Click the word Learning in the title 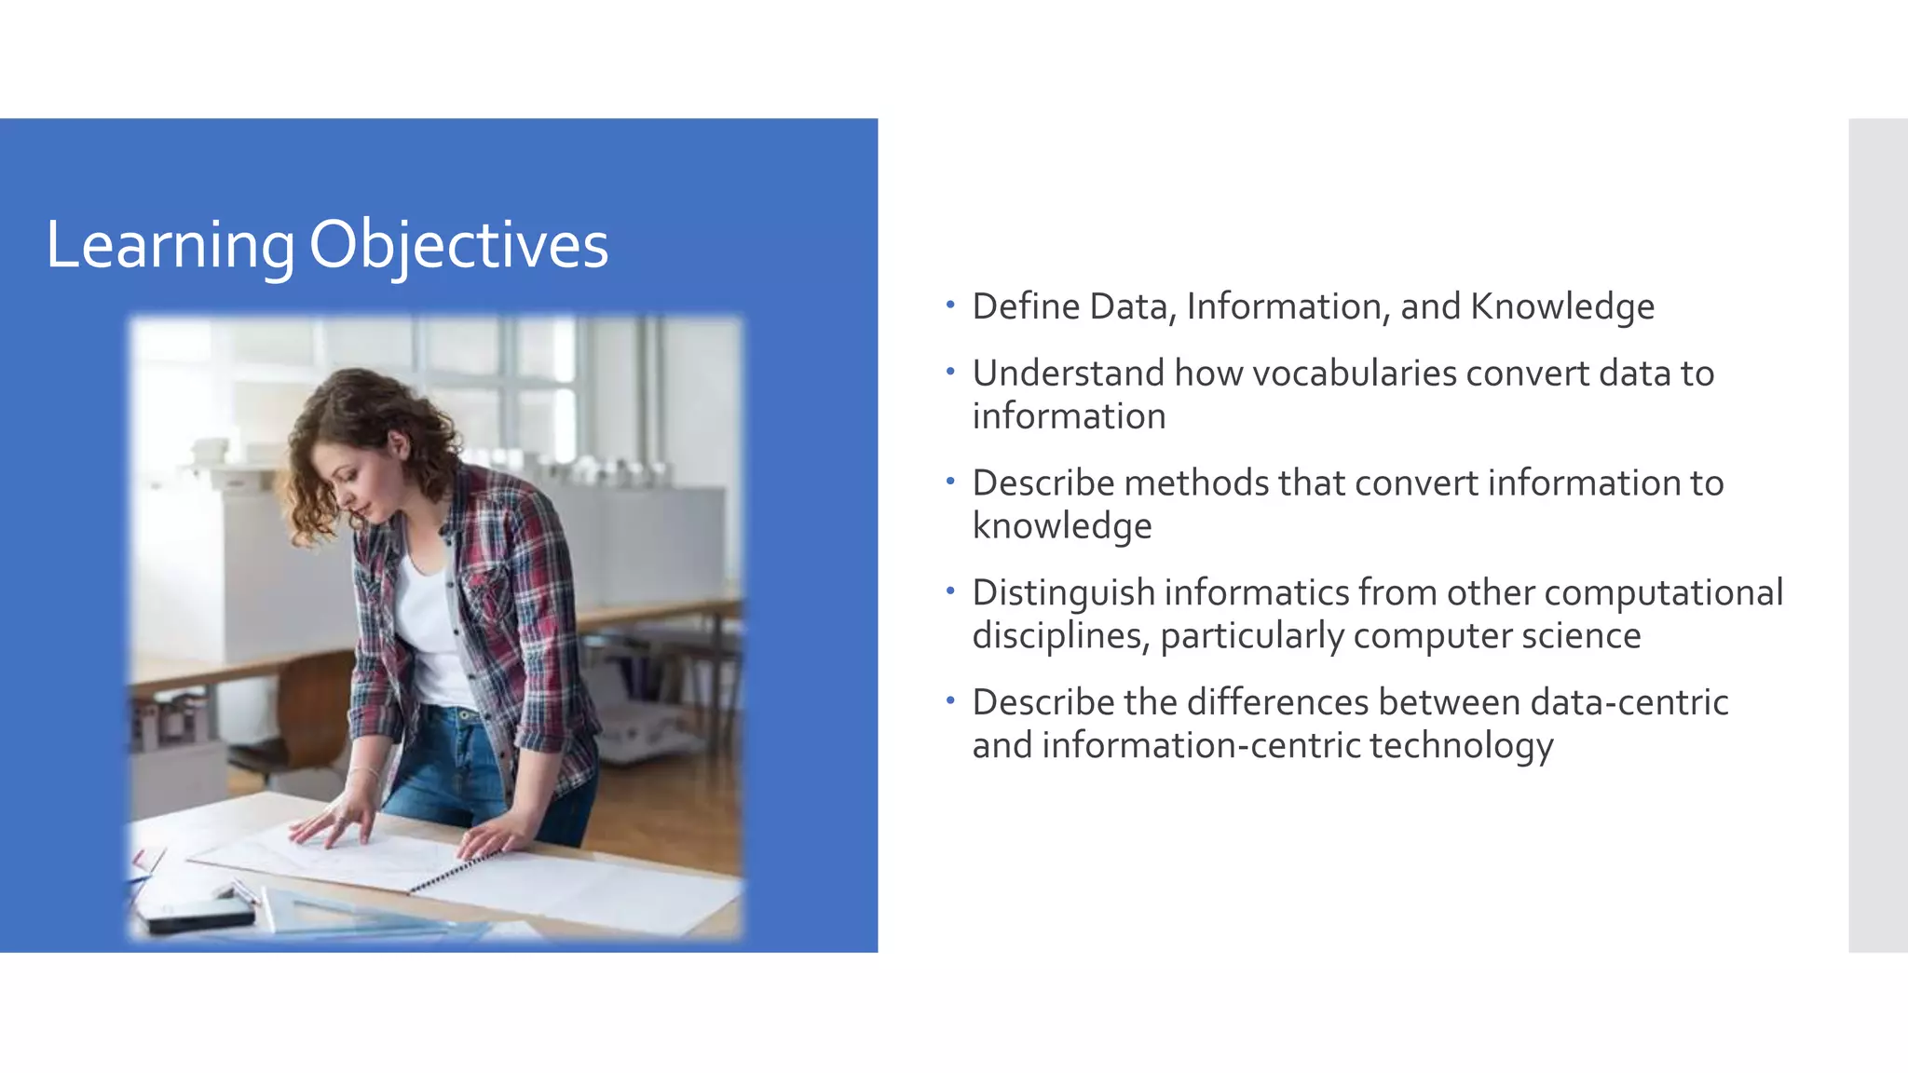170,246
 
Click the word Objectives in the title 457,246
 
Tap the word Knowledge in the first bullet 1561,306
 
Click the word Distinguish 1062,593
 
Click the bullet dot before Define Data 949,305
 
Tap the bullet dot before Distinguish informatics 949,591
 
